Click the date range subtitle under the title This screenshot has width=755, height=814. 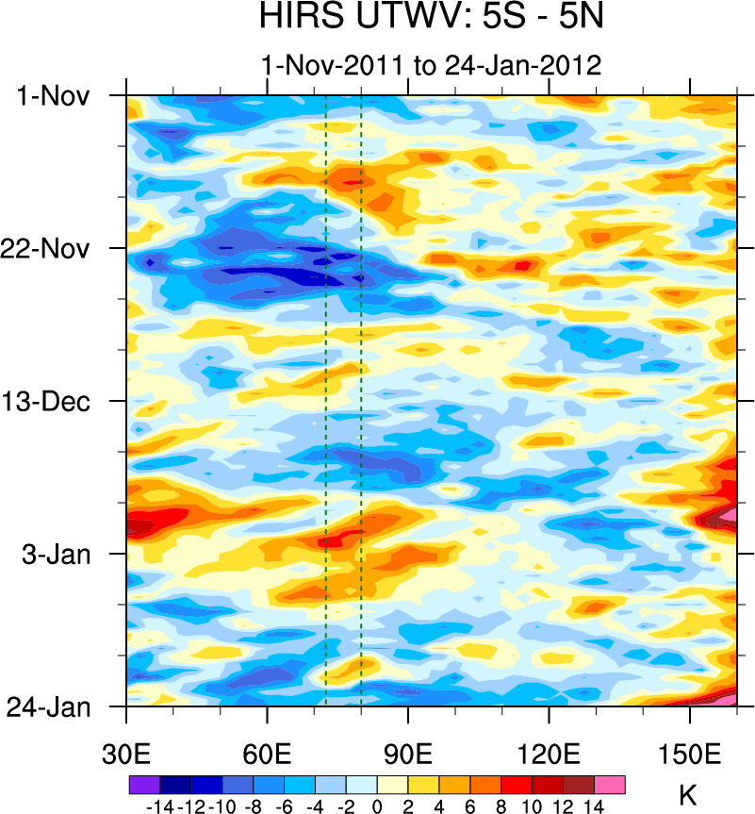pyautogui.click(x=432, y=65)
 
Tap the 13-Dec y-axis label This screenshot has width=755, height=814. pyautogui.click(x=55, y=401)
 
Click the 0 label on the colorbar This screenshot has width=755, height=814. pyautogui.click(x=377, y=806)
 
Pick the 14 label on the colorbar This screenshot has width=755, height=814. pyautogui.click(x=594, y=806)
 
